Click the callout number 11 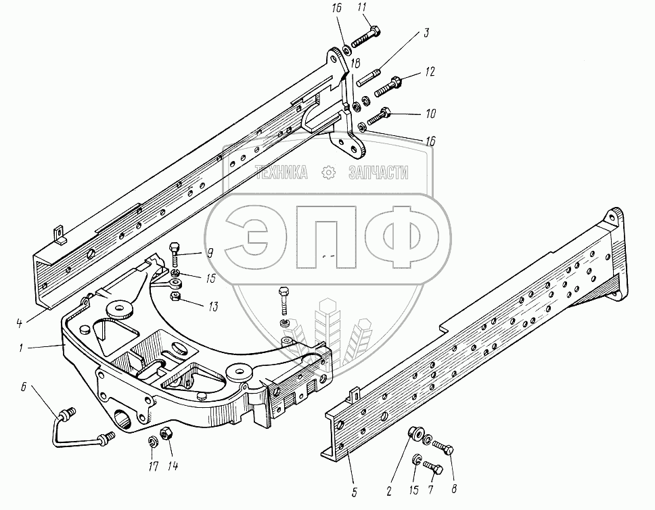(361, 8)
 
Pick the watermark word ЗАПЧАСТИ (378, 173)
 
